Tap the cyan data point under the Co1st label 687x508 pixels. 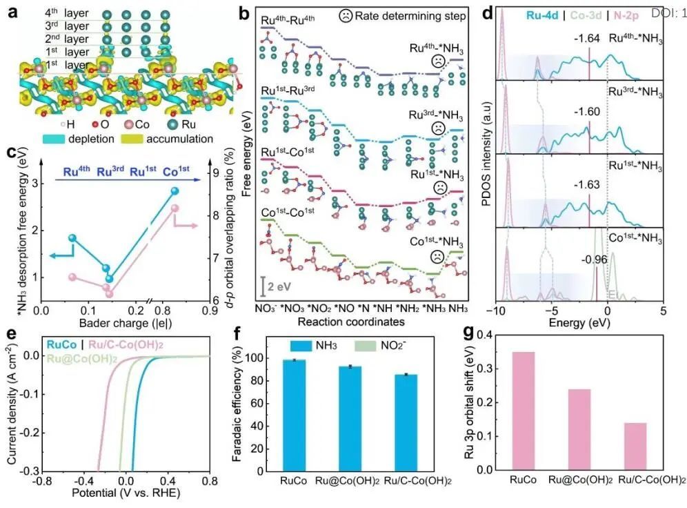174,190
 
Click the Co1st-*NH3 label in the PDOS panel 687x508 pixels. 636,239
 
